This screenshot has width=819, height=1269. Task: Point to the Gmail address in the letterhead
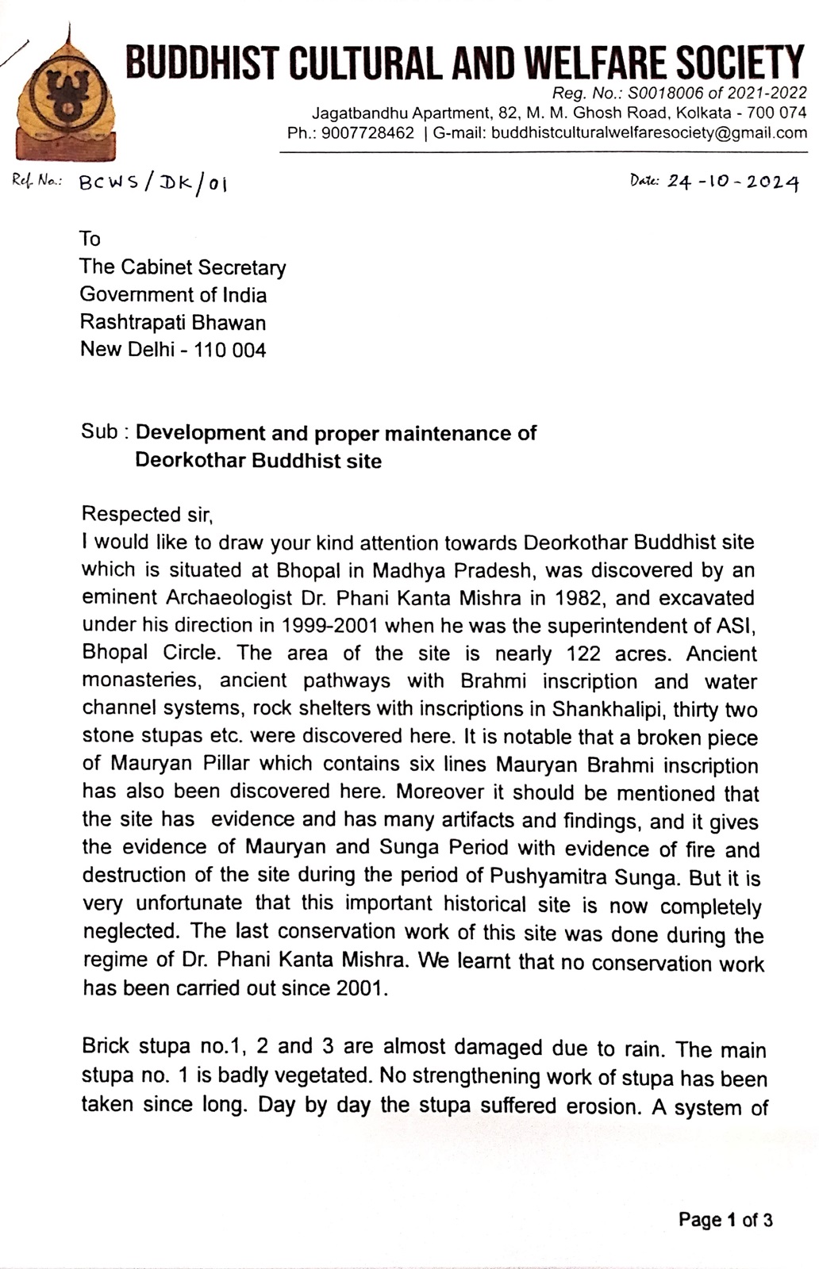coord(649,133)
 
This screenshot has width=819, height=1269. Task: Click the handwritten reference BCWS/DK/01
coord(154,183)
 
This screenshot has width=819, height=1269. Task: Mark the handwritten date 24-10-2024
coord(732,182)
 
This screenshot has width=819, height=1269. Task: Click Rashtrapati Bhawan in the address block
coord(173,323)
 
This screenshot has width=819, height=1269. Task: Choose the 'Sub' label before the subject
coord(99,432)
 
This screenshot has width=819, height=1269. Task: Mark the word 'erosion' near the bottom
coord(603,1106)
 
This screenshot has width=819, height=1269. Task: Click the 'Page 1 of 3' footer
coord(725,1220)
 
